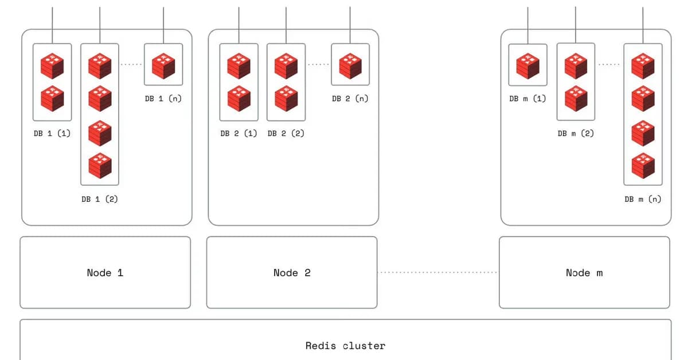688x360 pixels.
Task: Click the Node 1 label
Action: [105, 273]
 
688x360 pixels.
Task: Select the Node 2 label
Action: [292, 273]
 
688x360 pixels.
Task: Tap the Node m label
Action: [584, 273]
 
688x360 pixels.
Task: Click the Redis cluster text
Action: [345, 346]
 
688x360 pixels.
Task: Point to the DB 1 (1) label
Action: [52, 133]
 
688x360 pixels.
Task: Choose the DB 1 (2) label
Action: [100, 199]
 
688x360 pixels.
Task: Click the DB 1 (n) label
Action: [163, 98]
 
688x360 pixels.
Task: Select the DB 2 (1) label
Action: [239, 133]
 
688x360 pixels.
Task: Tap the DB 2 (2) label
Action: [286, 133]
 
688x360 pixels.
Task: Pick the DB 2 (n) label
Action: [350, 98]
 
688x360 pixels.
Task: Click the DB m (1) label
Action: [527, 98]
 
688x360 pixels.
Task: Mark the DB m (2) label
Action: [576, 133]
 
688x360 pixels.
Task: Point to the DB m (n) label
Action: [643, 199]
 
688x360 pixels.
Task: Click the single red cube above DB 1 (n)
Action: [163, 65]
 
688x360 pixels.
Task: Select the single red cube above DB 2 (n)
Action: [350, 65]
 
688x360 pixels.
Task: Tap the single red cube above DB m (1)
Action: [527, 65]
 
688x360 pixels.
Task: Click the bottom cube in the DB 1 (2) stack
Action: [100, 166]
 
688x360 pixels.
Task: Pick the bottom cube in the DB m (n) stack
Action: [643, 166]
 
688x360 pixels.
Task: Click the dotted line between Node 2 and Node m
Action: [438, 272]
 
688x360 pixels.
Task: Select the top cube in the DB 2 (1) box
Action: [239, 65]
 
